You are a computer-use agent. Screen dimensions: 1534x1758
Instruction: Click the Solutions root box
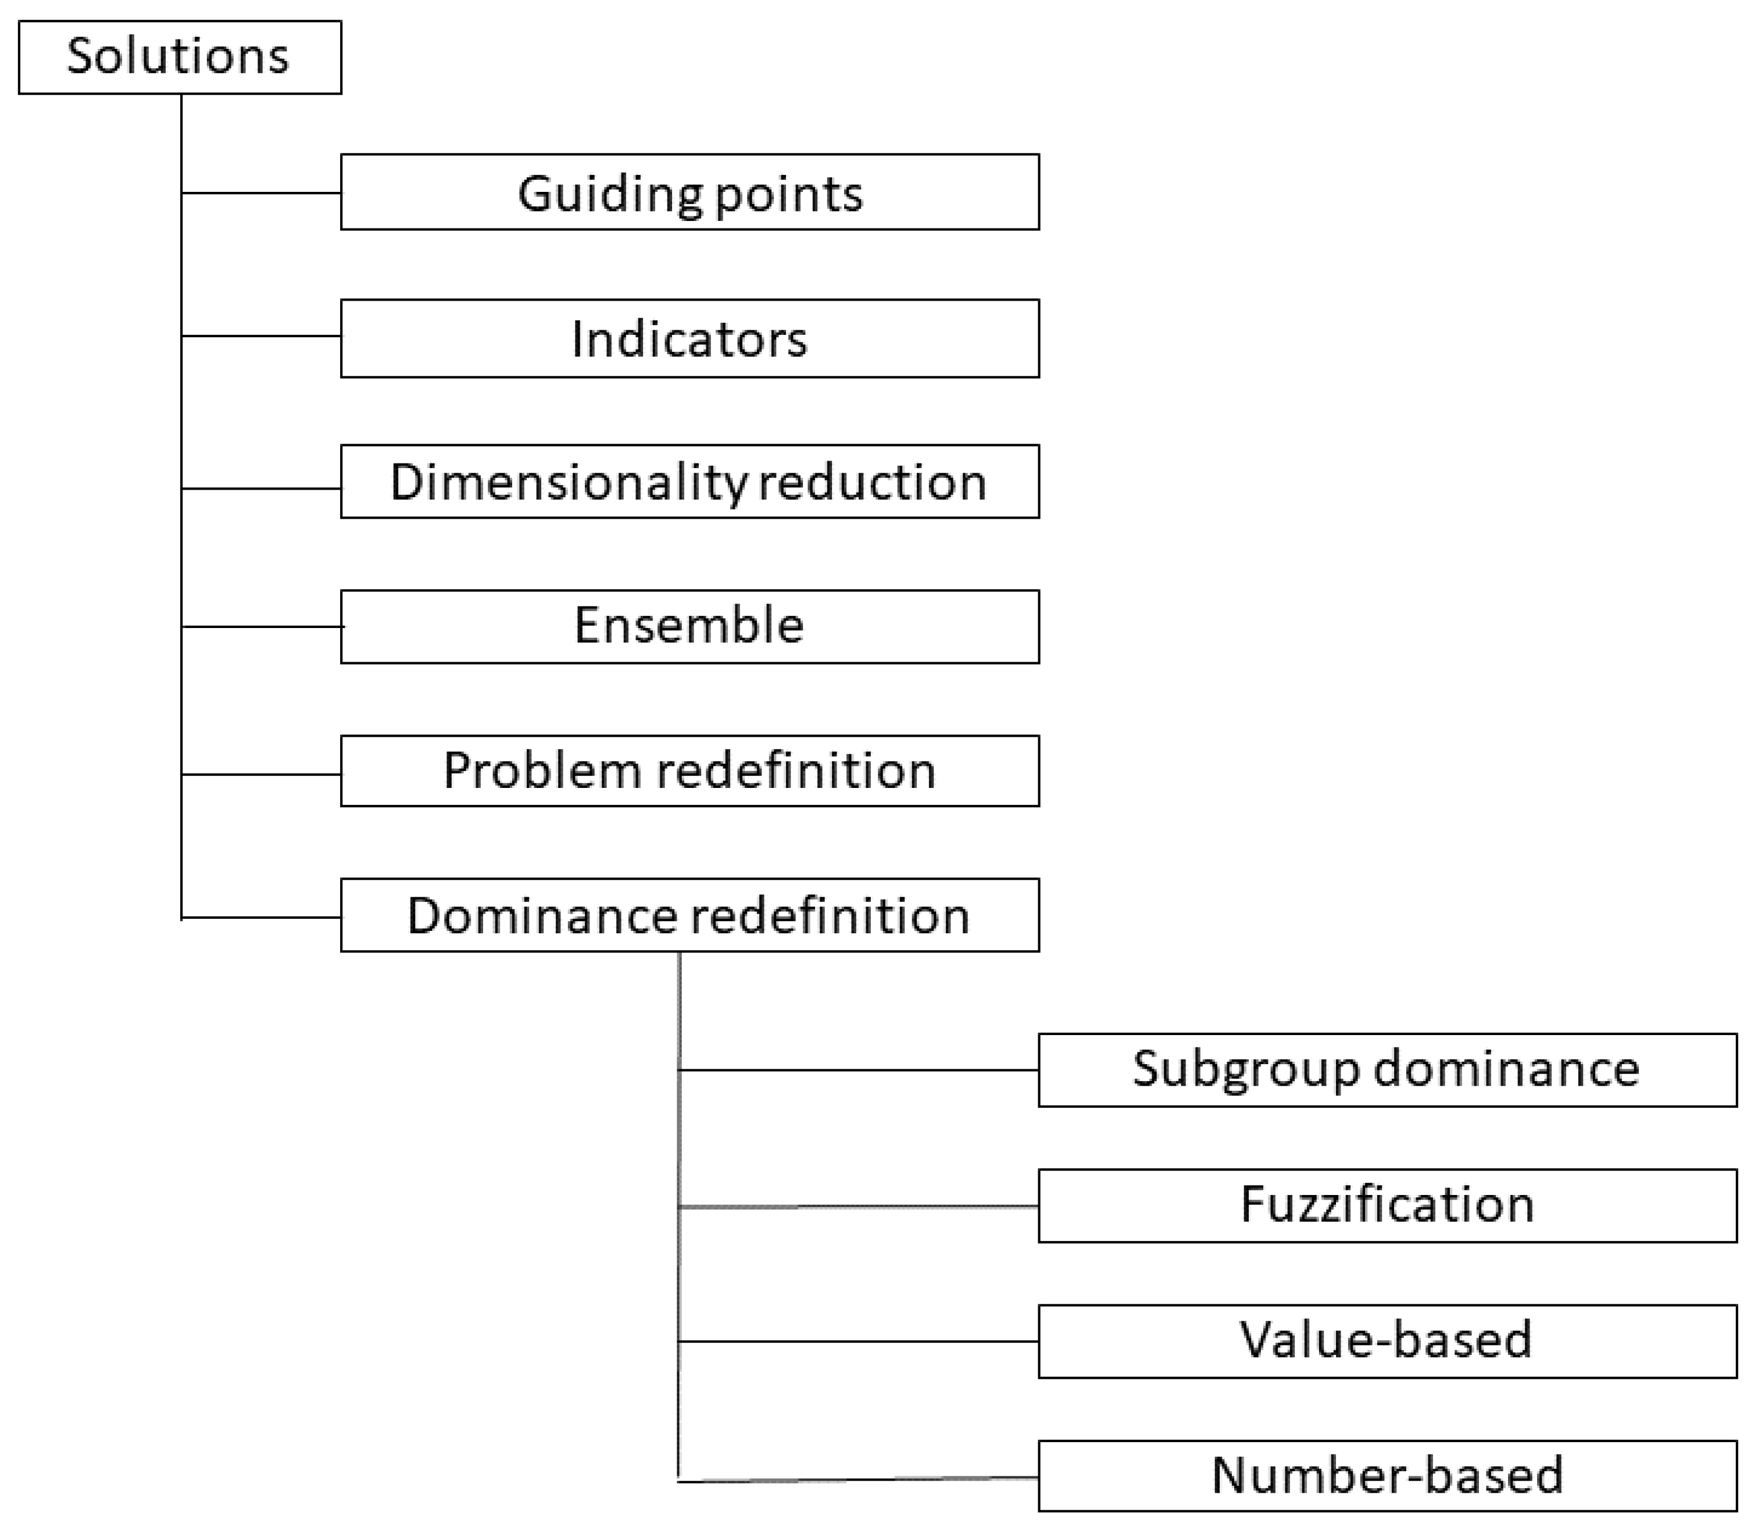tap(180, 58)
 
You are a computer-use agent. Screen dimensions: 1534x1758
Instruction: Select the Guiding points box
tap(690, 192)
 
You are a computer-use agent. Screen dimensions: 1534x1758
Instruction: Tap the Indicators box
tap(690, 338)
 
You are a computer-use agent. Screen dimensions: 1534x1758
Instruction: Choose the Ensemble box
tap(690, 627)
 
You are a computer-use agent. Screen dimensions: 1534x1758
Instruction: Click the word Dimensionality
tap(569, 483)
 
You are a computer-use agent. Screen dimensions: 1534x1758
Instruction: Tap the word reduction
tap(873, 483)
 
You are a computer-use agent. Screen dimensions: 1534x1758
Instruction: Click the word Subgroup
tap(1245, 1070)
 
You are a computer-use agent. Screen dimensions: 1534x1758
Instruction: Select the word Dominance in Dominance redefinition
tap(542, 916)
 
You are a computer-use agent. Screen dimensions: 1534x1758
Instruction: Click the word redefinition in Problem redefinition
tap(796, 770)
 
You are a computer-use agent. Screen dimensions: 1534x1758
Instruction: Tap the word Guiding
tap(609, 194)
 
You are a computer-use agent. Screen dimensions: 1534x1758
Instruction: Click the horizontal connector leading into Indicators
tap(261, 336)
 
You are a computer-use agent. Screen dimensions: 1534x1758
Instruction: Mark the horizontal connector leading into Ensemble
tap(261, 627)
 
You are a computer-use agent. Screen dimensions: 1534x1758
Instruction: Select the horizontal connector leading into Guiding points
tap(261, 192)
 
